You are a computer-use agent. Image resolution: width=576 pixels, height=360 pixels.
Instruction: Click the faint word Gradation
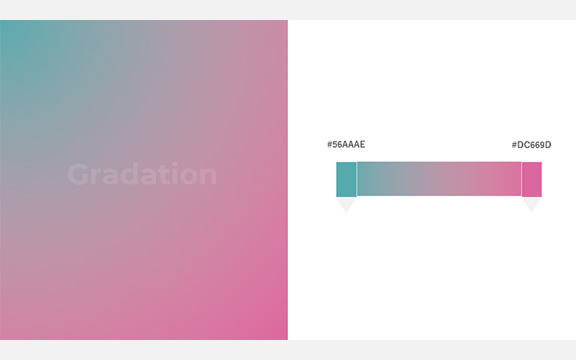coord(142,174)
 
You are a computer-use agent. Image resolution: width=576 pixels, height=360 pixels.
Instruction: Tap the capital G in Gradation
coord(78,174)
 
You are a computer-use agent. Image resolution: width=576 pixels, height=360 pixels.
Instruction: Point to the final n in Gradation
coord(208,177)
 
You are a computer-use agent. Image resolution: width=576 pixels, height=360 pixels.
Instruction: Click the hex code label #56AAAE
coord(346,145)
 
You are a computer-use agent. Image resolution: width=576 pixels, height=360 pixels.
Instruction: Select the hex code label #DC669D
coord(531,145)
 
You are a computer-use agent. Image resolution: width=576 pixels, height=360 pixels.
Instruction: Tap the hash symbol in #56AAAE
coord(330,145)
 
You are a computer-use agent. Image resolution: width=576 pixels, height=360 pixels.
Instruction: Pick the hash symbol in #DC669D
coord(515,145)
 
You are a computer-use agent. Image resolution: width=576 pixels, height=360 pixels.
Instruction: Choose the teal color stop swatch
coord(346,179)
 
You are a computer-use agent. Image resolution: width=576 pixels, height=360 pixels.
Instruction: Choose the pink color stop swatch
coord(531,179)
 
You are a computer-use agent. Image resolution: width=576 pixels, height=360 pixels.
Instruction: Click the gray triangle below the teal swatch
coord(346,204)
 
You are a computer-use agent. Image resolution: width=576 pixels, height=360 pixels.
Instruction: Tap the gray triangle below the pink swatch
coord(531,204)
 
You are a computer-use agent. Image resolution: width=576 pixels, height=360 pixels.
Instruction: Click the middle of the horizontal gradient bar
coord(438,179)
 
